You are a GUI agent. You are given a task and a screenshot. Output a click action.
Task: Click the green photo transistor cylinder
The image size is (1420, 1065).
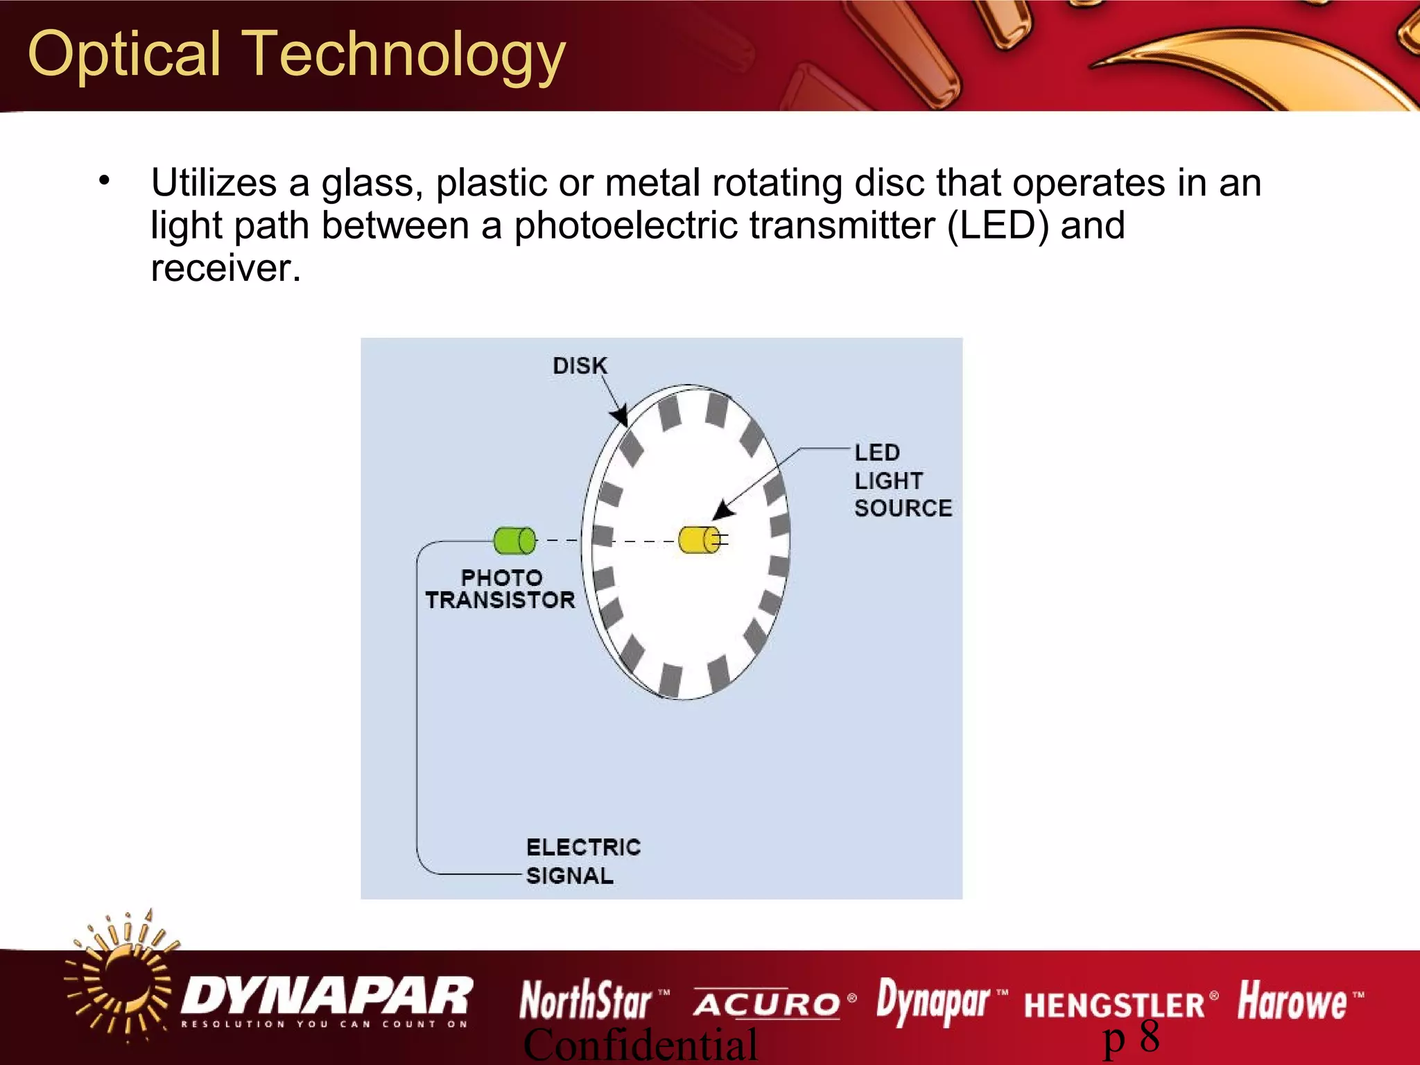click(514, 541)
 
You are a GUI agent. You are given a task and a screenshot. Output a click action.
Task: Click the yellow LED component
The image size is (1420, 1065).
click(699, 540)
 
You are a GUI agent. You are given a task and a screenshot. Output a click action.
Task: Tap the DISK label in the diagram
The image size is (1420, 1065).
click(580, 365)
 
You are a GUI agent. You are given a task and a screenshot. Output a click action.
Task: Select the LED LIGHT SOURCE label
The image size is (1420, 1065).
click(901, 480)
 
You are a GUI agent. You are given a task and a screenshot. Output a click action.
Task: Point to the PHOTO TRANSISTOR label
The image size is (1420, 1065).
click(501, 589)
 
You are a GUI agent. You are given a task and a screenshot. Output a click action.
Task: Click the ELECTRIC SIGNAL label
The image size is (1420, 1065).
click(582, 861)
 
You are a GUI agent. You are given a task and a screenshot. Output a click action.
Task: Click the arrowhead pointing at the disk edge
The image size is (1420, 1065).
click(620, 416)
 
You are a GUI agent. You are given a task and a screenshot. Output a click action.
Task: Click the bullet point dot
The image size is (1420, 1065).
click(104, 182)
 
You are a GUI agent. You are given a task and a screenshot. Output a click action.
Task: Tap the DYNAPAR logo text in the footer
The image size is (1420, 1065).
click(326, 997)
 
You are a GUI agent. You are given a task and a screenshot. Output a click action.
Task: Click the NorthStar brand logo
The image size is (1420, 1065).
click(587, 1001)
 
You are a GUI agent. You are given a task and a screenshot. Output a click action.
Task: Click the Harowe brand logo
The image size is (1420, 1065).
click(1292, 1001)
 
